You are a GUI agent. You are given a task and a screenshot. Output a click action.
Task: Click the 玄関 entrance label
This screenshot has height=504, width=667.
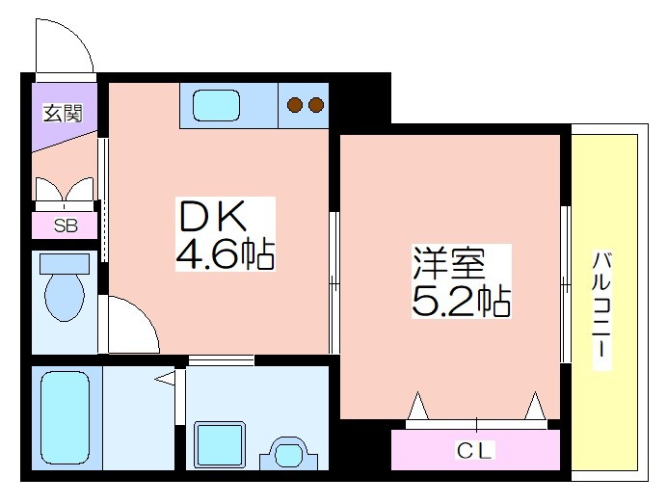tap(63, 113)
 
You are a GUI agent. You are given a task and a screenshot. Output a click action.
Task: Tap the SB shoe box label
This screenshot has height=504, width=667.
tap(66, 225)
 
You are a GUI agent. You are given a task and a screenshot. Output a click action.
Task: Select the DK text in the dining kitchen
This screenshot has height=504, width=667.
tap(213, 216)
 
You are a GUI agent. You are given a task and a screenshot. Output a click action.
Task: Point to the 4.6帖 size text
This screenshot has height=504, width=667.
tap(225, 253)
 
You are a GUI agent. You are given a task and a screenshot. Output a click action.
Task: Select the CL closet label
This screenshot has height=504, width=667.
tap(474, 450)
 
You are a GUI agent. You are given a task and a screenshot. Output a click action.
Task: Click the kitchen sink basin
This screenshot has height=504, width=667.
tap(216, 105)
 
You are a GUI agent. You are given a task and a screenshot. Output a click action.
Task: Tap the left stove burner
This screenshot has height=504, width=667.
tap(294, 105)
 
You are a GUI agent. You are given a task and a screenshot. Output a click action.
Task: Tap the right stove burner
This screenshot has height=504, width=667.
tap(315, 105)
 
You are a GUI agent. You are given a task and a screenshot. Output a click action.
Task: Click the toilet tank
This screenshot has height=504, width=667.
tap(65, 264)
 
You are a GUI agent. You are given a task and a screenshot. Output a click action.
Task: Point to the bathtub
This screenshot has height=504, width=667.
tap(66, 418)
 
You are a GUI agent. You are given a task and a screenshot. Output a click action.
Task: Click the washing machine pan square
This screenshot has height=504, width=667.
tap(220, 444)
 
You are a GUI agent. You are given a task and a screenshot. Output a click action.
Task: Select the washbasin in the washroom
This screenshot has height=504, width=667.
tap(289, 453)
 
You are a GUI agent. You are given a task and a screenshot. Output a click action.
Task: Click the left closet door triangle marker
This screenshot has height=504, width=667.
tap(417, 406)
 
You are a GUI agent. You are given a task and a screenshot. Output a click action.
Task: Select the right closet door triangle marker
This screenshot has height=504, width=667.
tap(535, 406)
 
